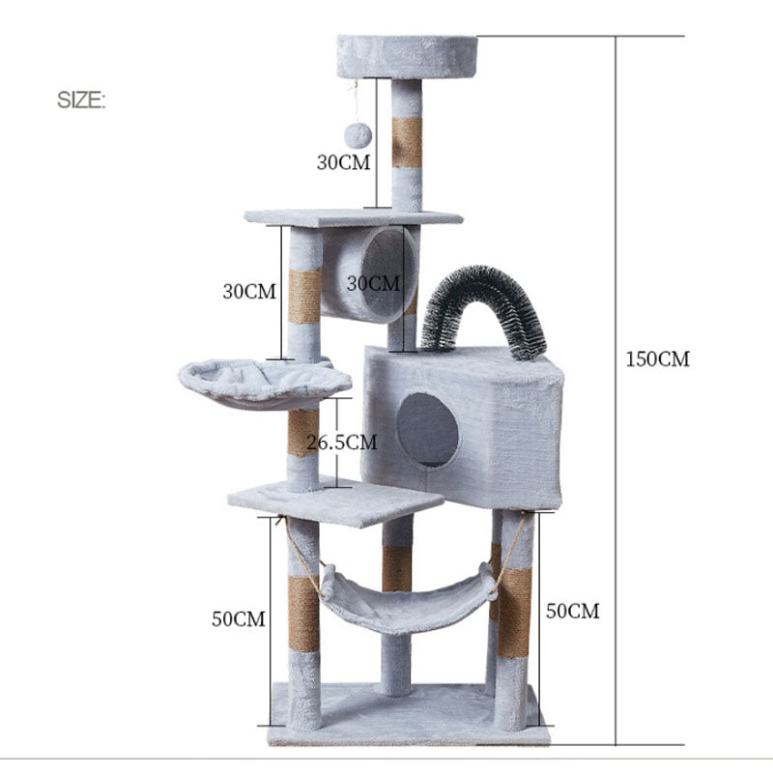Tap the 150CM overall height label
coord(657,359)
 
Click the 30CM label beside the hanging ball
coord(343,162)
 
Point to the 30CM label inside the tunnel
coord(372,283)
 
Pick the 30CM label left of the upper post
coord(249,291)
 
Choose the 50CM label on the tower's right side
coord(572,611)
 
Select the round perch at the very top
coord(407,58)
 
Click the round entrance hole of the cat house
coord(427,428)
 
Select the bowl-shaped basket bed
coord(263,383)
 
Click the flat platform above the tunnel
coord(353,217)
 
